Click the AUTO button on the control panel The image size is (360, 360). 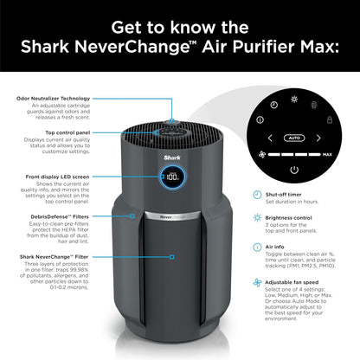pyautogui.click(x=293, y=138)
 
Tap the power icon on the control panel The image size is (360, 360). pyautogui.click(x=293, y=170)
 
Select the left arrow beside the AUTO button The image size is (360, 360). pyautogui.click(x=269, y=138)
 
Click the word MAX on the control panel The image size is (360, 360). pyautogui.click(x=327, y=156)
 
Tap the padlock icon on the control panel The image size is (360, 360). pyautogui.click(x=329, y=119)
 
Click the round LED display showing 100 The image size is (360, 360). pyautogui.click(x=172, y=177)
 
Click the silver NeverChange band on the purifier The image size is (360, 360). pyautogui.click(x=173, y=214)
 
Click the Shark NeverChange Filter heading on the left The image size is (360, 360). pyautogui.click(x=53, y=257)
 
